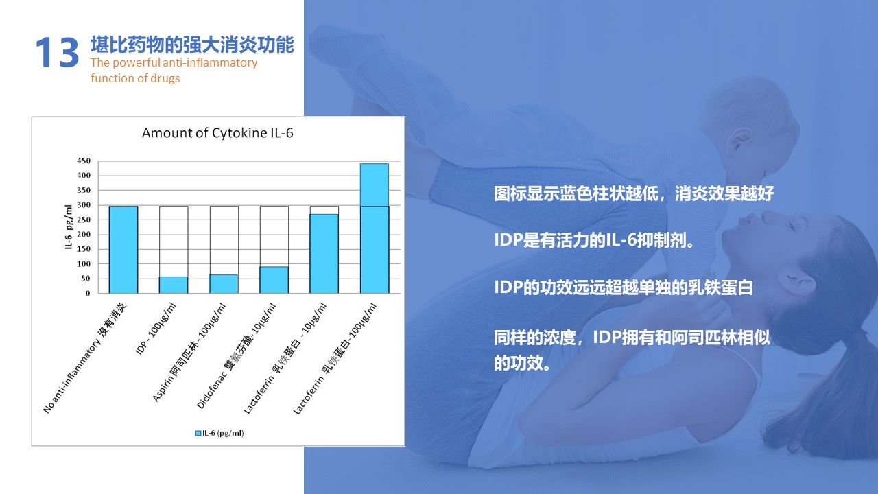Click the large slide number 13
(58, 52)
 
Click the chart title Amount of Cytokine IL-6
(217, 133)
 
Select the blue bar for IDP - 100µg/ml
(174, 285)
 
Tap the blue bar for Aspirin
(224, 283)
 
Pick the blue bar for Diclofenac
(274, 280)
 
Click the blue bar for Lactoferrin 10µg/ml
(324, 253)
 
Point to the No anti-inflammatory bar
(123, 249)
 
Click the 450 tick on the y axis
(84, 161)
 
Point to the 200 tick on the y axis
(84, 235)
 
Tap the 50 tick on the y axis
(86, 279)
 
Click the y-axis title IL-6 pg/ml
(69, 227)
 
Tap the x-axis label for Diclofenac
(237, 357)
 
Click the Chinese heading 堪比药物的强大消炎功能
(192, 45)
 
